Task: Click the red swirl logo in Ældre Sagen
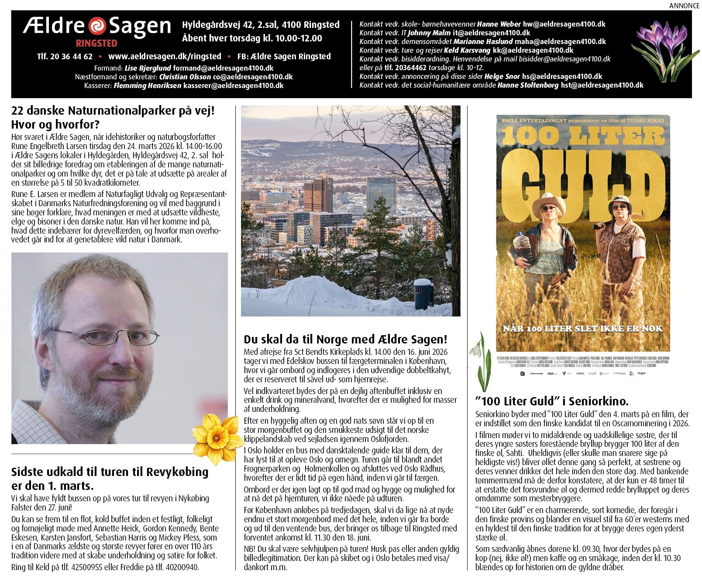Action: (97, 26)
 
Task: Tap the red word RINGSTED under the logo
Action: (96, 43)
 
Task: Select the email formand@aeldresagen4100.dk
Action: (223, 68)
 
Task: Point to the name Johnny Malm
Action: (429, 33)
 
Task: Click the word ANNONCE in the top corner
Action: (684, 6)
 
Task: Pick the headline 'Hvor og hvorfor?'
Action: (55, 125)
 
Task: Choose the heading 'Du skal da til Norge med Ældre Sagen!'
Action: (345, 340)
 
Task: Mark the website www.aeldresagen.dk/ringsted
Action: (165, 56)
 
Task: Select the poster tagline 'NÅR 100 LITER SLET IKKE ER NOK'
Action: (582, 329)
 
